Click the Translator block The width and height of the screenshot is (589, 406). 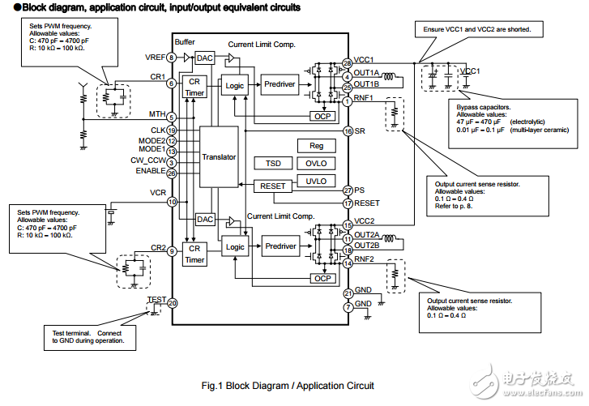pos(219,157)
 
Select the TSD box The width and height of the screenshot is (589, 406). pos(273,163)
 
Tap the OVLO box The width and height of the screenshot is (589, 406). pos(316,163)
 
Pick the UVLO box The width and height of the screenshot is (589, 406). pos(316,180)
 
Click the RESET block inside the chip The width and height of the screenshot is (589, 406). pos(273,186)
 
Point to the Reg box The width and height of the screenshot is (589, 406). pos(316,146)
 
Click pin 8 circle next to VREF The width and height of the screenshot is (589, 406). pos(172,58)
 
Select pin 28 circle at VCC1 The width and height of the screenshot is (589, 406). pos(347,62)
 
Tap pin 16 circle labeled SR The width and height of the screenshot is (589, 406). pos(347,130)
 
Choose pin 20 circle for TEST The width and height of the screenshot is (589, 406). pos(172,303)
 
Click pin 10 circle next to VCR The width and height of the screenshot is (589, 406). pos(172,202)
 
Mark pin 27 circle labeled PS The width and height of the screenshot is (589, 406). pos(347,190)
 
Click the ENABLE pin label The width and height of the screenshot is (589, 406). pos(152,172)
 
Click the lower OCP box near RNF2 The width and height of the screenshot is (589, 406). pos(322,278)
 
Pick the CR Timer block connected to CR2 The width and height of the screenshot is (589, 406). pos(194,254)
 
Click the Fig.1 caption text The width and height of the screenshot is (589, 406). pos(288,385)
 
